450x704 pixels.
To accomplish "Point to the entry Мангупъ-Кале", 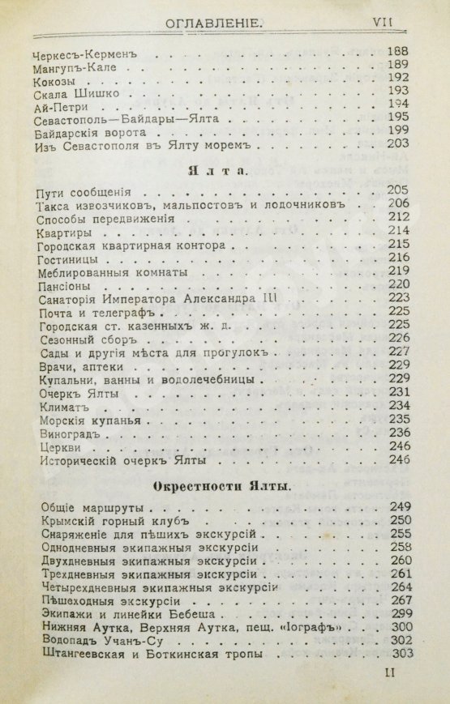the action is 74,67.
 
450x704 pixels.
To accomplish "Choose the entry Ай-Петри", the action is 62,106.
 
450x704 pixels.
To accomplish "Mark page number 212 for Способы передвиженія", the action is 399,217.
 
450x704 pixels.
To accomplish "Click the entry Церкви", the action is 60,447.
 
